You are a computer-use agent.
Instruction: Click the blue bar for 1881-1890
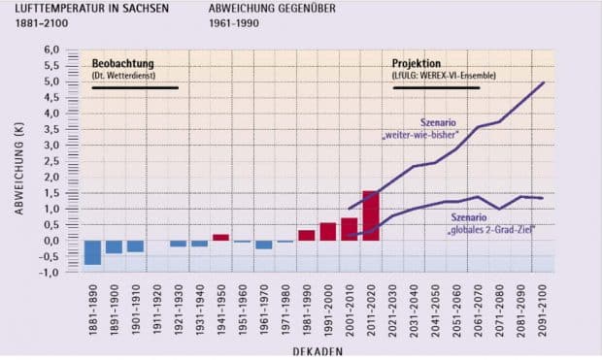click(93, 252)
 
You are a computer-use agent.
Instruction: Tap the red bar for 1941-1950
click(221, 237)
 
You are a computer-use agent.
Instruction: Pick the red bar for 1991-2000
click(328, 232)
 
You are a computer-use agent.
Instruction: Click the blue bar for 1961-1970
click(264, 245)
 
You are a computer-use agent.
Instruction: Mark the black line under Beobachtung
click(135, 88)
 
